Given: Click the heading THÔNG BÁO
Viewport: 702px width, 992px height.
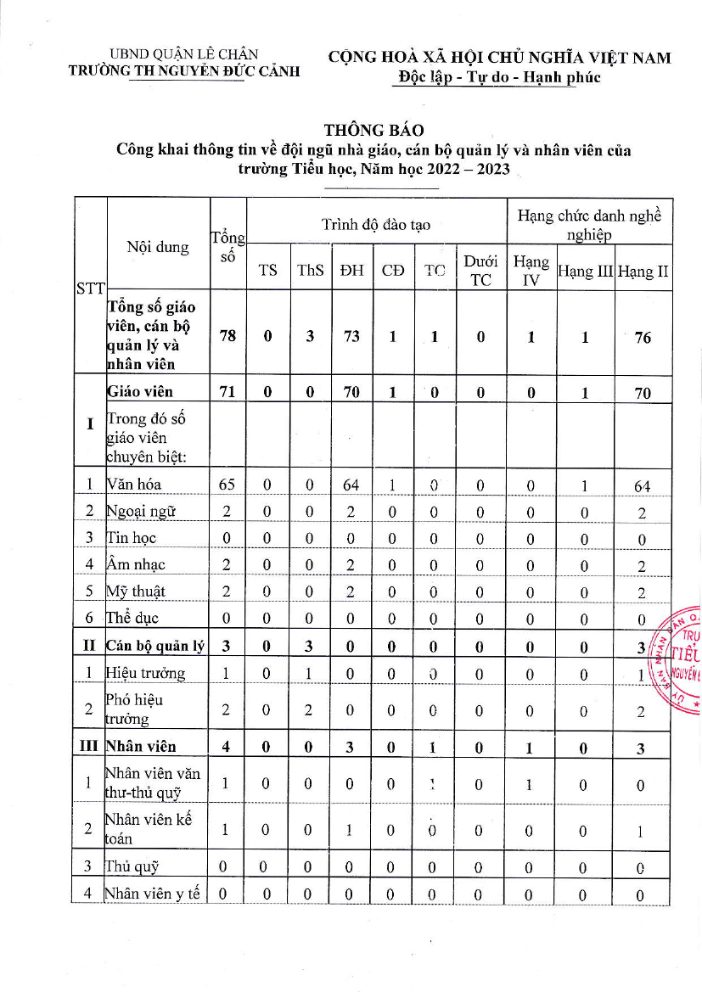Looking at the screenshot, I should click(x=373, y=131).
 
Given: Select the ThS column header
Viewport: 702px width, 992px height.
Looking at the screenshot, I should click(x=311, y=271).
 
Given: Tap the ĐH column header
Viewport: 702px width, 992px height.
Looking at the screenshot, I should click(x=351, y=271).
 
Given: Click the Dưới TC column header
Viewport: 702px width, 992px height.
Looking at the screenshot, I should click(x=480, y=271).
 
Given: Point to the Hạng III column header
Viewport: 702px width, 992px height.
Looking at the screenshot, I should click(x=585, y=272).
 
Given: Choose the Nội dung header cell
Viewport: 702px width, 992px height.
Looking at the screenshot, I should click(x=158, y=247).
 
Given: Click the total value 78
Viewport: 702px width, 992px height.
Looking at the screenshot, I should click(x=227, y=336).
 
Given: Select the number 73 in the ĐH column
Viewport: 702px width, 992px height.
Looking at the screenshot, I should click(x=351, y=336).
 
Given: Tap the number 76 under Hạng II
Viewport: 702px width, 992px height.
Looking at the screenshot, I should click(x=643, y=337).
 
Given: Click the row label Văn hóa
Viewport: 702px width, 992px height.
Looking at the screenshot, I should click(x=134, y=485).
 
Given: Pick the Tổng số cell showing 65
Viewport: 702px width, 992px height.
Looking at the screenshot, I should click(x=227, y=485).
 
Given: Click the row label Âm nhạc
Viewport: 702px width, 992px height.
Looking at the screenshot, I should click(x=136, y=564).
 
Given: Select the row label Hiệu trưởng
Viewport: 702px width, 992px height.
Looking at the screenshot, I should click(x=145, y=673).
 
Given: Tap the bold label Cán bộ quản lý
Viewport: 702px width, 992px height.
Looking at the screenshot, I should click(x=156, y=646).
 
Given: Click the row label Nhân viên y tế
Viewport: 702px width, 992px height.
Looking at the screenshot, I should click(x=152, y=894).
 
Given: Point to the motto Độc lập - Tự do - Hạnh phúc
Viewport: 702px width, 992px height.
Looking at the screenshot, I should click(x=499, y=77).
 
